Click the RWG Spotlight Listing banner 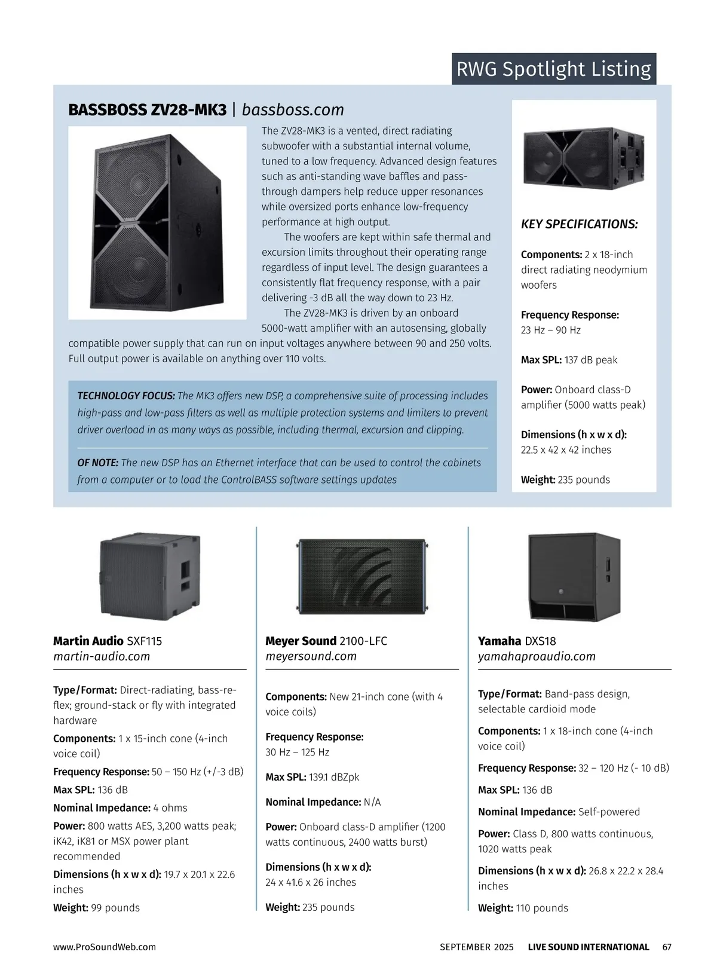tap(553, 69)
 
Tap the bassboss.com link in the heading tap(293, 110)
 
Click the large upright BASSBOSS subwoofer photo tap(157, 222)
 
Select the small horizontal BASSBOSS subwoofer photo tap(584, 157)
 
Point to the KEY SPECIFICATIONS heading tap(579, 225)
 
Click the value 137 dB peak tap(590, 360)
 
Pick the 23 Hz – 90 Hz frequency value tap(550, 330)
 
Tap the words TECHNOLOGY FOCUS tap(126, 396)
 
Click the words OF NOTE tap(98, 463)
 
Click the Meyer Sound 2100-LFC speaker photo tap(362, 576)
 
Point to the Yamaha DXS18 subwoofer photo tap(574, 577)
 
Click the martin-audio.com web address tap(102, 656)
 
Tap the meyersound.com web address tap(311, 656)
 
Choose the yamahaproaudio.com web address tap(537, 656)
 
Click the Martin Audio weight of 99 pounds tap(115, 907)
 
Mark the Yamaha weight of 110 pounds tap(541, 908)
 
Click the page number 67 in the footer tap(667, 947)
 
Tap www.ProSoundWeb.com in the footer tap(105, 947)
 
